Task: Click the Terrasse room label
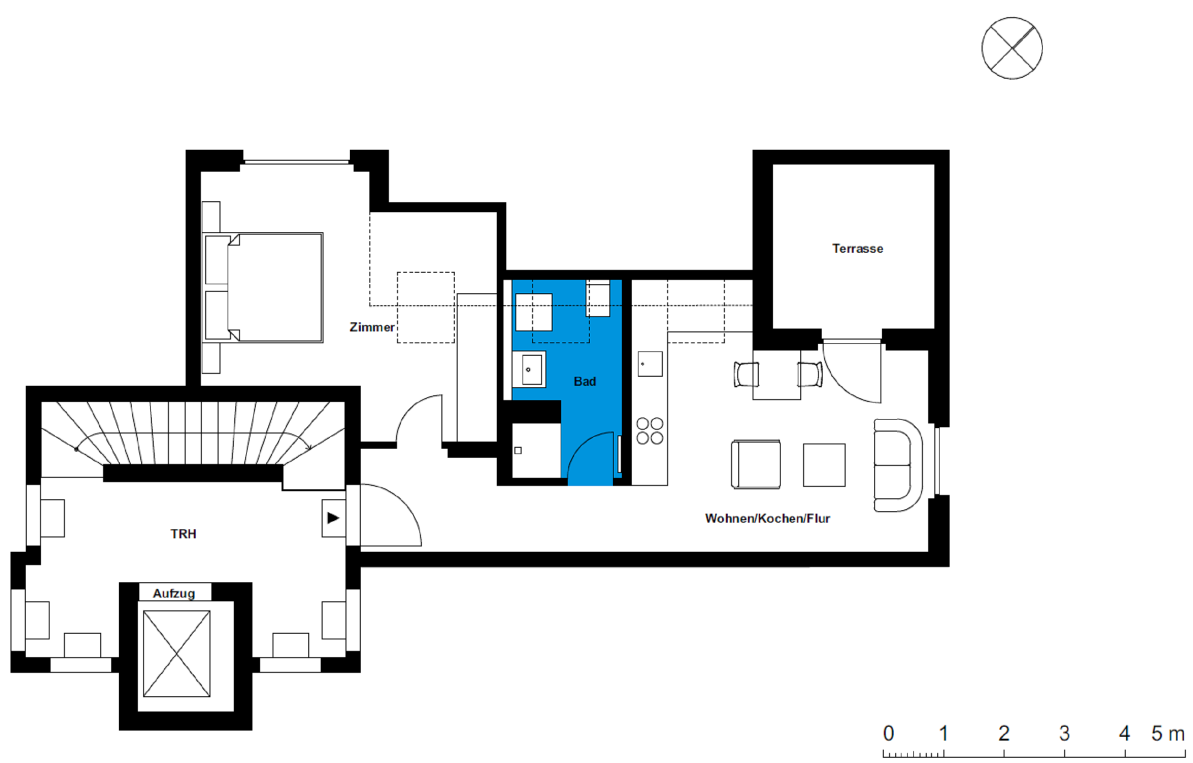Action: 858,248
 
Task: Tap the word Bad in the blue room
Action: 585,381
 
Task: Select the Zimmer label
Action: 372,327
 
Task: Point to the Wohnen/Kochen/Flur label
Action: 767,518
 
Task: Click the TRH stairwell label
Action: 183,534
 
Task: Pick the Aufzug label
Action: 174,593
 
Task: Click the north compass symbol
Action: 1012,48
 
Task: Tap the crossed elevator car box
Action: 177,653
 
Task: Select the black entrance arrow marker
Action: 333,518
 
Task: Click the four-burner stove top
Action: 650,431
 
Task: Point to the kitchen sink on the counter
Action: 650,364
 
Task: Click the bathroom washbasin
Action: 529,369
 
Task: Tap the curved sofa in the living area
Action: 898,465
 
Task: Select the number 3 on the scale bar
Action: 1064,734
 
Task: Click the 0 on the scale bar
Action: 888,734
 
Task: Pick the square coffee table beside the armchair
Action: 824,465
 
